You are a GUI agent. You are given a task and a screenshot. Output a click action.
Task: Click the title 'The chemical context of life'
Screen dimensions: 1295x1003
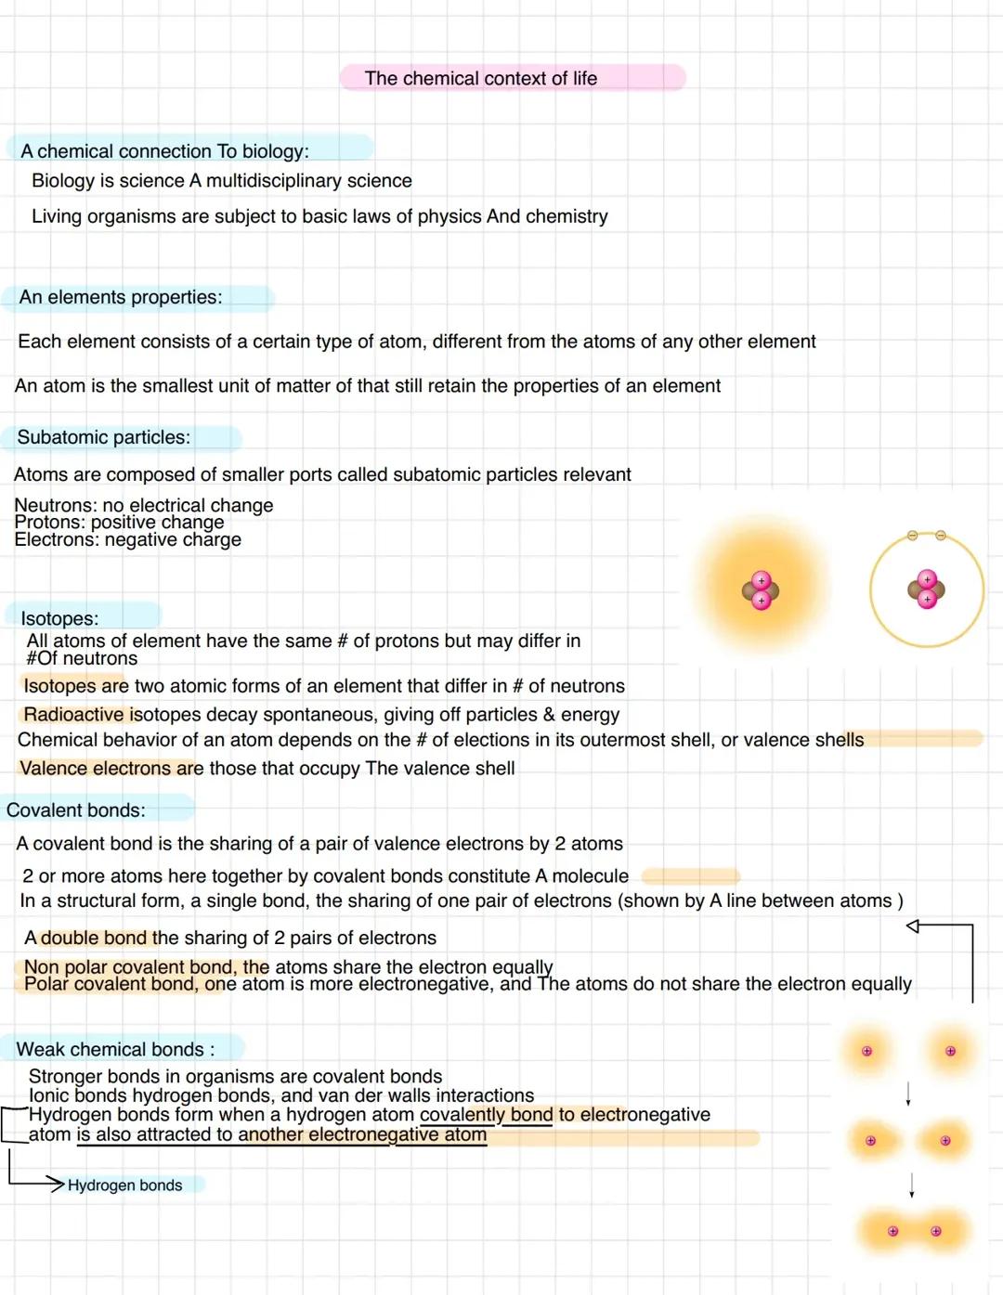[x=480, y=79]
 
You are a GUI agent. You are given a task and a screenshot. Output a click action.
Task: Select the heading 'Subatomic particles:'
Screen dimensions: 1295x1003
[x=103, y=437]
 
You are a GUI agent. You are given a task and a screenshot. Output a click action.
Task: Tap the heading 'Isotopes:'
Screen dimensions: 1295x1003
[x=59, y=618]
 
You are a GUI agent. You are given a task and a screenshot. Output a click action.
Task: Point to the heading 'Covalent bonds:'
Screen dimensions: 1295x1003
[x=76, y=810]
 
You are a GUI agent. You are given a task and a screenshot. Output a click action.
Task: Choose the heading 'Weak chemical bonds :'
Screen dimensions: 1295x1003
[x=115, y=1049]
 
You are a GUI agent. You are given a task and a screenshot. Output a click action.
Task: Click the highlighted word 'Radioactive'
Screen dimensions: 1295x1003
[x=73, y=715]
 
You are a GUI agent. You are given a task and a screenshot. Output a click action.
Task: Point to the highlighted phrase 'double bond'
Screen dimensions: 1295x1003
[x=94, y=938]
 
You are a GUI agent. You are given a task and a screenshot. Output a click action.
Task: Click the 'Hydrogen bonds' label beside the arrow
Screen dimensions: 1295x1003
[x=124, y=1185]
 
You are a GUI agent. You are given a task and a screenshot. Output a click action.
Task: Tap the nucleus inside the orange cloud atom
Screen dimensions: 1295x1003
[x=761, y=590]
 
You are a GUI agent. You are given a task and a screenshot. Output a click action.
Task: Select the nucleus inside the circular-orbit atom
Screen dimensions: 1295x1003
[x=926, y=589]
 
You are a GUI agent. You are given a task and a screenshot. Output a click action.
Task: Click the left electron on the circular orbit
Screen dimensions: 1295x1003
[x=912, y=536]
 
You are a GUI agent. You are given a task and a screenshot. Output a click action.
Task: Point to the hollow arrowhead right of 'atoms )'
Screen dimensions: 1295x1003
[x=913, y=926]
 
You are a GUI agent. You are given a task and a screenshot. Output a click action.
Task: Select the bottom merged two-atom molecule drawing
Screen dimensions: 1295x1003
[x=914, y=1232]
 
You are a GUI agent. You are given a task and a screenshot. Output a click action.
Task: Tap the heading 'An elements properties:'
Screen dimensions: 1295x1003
[x=121, y=297]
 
